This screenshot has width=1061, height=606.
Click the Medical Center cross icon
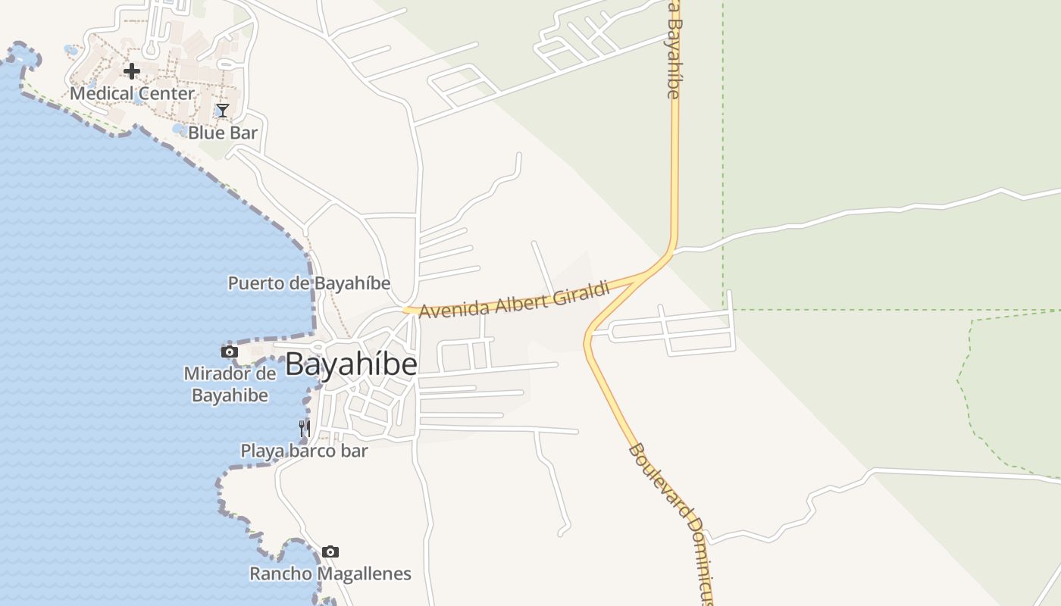point(132,72)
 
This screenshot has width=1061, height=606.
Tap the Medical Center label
point(133,93)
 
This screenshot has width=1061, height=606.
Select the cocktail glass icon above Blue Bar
point(223,111)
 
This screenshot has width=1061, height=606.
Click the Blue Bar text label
point(223,133)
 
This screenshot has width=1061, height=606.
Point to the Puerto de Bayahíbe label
point(309,283)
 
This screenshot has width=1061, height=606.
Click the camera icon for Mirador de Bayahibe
point(229,352)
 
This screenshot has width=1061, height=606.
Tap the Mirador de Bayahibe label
point(230,384)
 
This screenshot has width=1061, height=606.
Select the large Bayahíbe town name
point(351,364)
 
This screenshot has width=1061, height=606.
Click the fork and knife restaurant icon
point(304,429)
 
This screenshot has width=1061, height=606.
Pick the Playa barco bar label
point(304,451)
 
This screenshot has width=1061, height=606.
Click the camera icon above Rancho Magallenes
point(330,552)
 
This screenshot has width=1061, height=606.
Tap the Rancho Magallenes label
point(330,573)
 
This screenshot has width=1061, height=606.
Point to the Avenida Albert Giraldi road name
point(515,299)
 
